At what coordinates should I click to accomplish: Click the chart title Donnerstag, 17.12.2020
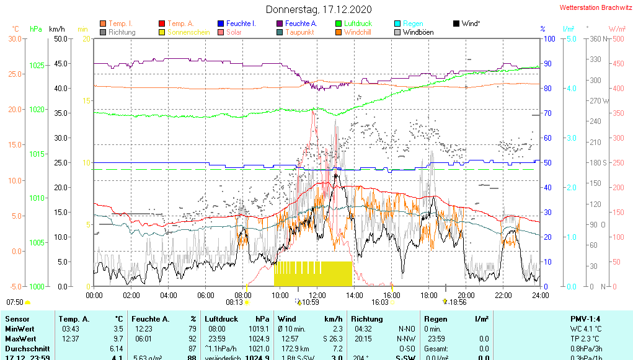click(x=319, y=9)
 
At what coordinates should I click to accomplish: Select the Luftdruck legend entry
click(x=358, y=24)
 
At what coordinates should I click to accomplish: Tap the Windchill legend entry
click(x=358, y=32)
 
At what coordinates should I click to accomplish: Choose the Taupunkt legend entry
click(x=301, y=32)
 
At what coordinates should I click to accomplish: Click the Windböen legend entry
click(x=418, y=32)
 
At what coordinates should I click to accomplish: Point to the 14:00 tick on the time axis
click(x=355, y=295)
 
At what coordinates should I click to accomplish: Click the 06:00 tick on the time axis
click(x=206, y=295)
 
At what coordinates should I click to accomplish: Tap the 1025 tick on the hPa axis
click(x=37, y=65)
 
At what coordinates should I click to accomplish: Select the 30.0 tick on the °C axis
click(x=14, y=38)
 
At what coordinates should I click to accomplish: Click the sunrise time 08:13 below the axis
click(x=234, y=302)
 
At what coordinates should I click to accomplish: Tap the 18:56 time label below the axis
click(x=458, y=302)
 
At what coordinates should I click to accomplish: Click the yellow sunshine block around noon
click(x=312, y=273)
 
